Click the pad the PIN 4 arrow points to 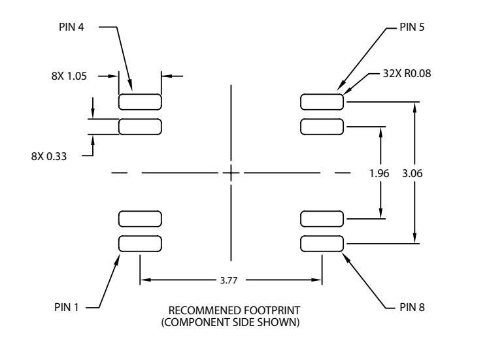click(x=140, y=101)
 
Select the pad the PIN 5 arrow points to click(x=322, y=101)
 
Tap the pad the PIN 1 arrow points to click(x=140, y=244)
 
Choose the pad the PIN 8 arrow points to click(x=322, y=244)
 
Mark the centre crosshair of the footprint click(x=231, y=172)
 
